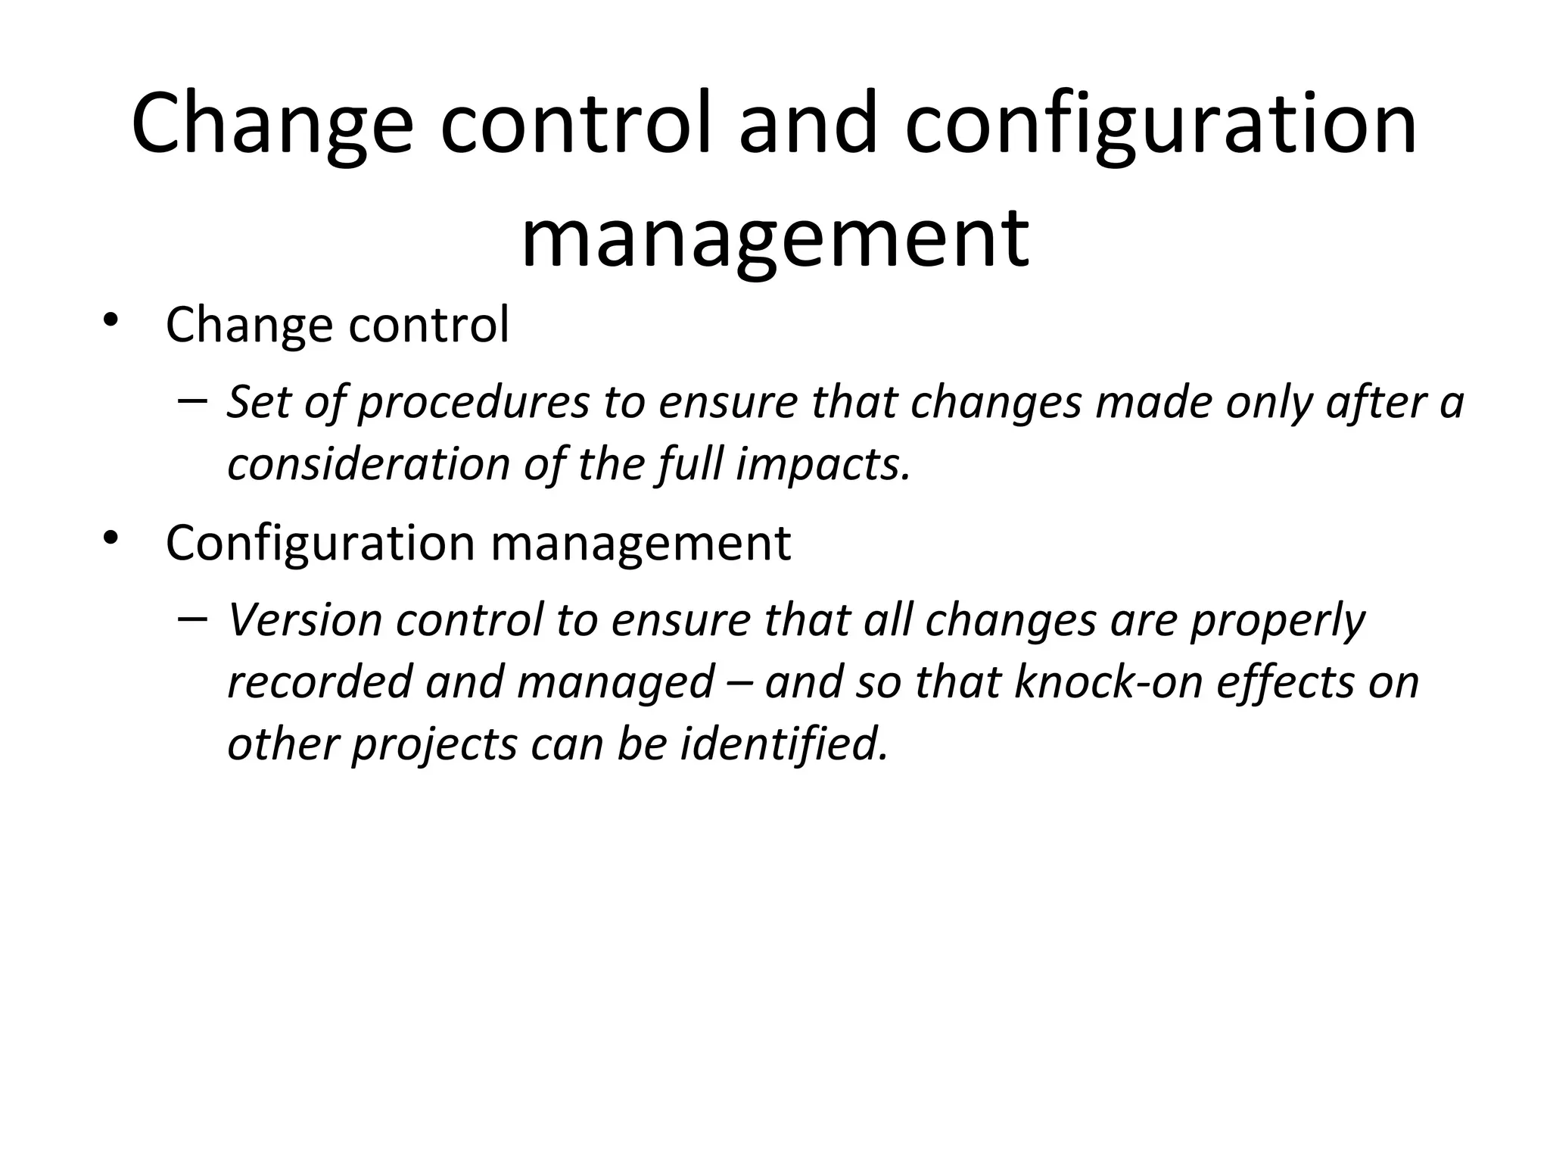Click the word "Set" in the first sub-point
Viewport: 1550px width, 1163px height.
(258, 402)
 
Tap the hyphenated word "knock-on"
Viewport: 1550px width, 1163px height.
(1108, 682)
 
